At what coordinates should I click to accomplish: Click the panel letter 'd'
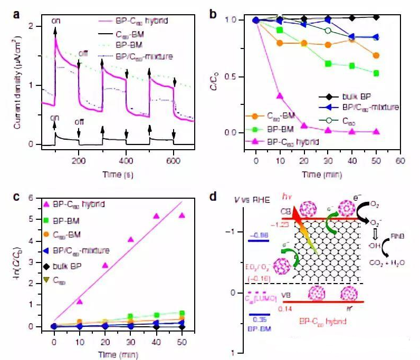[213, 197]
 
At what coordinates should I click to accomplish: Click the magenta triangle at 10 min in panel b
[280, 96]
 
